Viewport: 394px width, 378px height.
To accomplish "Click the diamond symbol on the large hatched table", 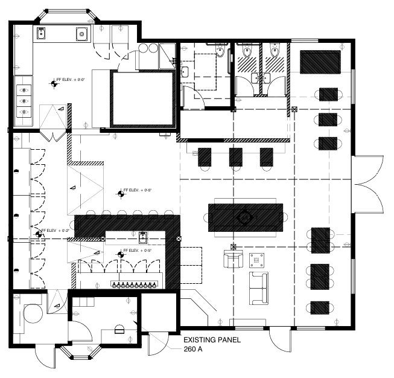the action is pos(244,216).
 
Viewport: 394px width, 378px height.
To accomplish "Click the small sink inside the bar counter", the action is pos(144,236).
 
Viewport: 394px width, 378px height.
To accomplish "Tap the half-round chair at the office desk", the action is pos(119,330).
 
